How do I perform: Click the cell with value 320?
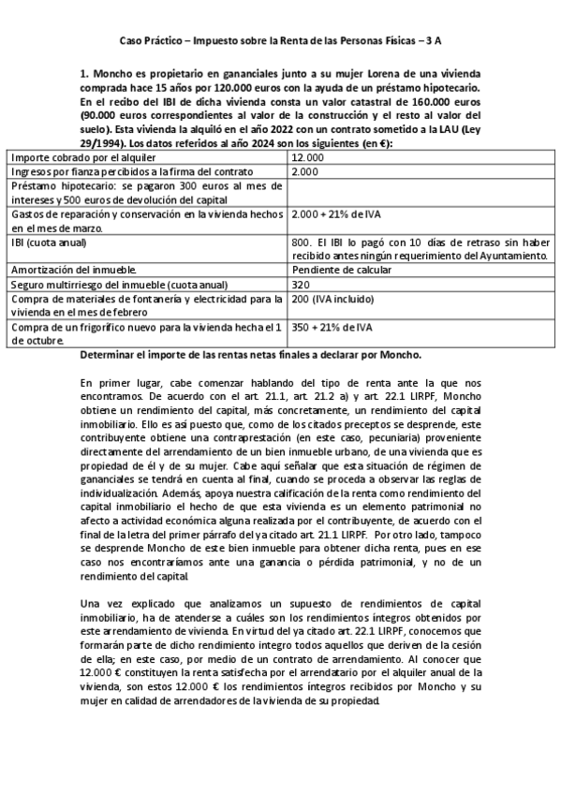301,284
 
